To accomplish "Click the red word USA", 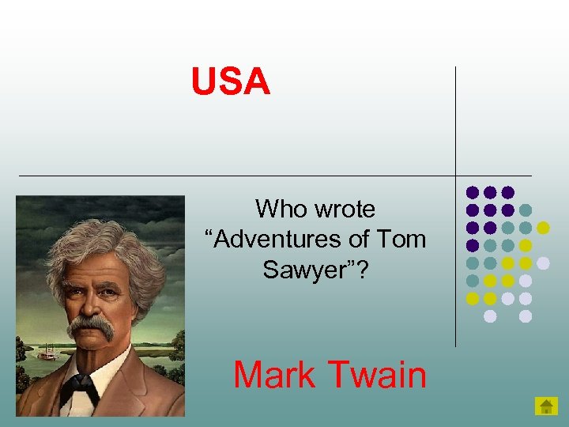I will point(231,82).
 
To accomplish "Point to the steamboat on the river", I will point(48,353).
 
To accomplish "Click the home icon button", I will point(546,406).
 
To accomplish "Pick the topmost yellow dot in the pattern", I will point(543,228).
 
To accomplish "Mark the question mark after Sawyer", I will point(366,270).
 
